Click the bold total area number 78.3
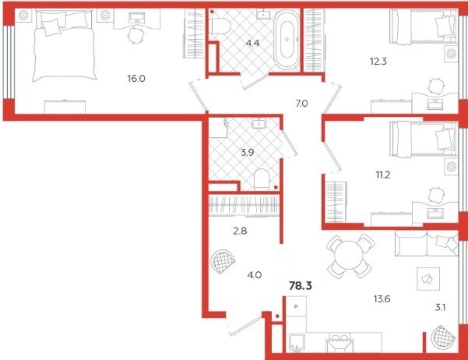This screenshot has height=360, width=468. click(x=301, y=286)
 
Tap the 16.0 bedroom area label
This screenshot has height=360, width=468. click(x=136, y=79)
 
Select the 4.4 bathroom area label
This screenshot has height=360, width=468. click(x=252, y=44)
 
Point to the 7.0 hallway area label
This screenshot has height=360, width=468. click(x=302, y=104)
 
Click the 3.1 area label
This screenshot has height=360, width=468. click(x=440, y=308)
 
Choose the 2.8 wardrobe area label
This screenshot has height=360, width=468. click(x=240, y=231)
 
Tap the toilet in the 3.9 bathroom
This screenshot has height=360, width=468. click(x=262, y=179)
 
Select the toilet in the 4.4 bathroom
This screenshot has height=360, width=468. click(x=220, y=26)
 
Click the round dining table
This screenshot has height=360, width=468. click(x=350, y=256)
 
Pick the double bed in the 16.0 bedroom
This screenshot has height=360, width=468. click(x=65, y=45)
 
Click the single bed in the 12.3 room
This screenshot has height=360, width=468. click(x=424, y=26)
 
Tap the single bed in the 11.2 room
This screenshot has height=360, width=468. click(x=424, y=139)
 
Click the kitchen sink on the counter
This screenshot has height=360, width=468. click(x=339, y=342)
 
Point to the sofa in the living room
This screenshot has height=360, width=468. click(x=426, y=243)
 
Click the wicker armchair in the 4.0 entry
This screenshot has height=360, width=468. click(x=223, y=262)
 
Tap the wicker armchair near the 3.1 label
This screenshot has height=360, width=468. click(x=444, y=337)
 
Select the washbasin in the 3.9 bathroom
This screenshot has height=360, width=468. click(x=259, y=123)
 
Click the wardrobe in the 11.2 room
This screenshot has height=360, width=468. click(x=336, y=202)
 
